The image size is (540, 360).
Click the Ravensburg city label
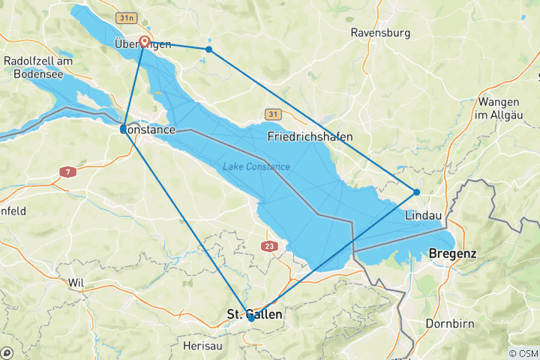[x=381, y=33]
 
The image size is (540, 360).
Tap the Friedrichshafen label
[x=310, y=136]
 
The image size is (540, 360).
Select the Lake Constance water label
[x=256, y=166]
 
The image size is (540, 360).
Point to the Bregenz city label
[x=452, y=254]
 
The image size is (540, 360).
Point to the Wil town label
[x=75, y=283]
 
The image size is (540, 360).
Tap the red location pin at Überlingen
[x=143, y=42]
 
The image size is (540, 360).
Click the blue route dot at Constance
[x=123, y=129]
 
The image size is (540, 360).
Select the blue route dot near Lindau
[x=416, y=192]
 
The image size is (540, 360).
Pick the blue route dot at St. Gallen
[x=250, y=318]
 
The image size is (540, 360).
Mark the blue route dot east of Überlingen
[x=208, y=49]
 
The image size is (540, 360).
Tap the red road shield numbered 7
[x=67, y=172]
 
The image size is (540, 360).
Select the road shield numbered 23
[x=270, y=246]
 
